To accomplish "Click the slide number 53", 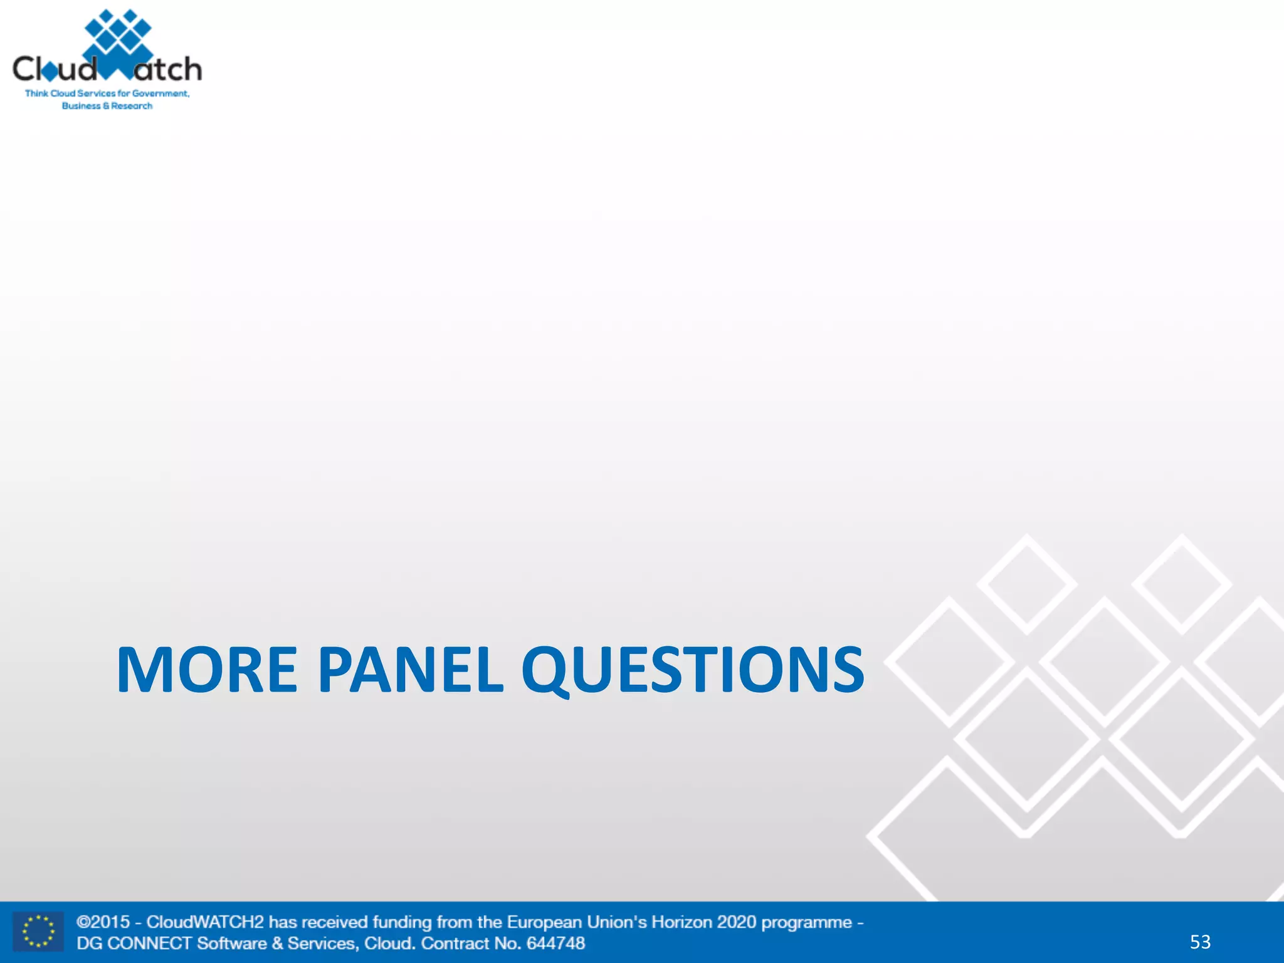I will click(1200, 942).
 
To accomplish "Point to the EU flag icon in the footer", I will click(38, 932).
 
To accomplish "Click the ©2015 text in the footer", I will click(103, 922).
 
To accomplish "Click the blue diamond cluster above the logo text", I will click(118, 31).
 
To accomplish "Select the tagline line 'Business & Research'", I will click(107, 106).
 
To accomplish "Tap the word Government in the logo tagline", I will click(160, 93).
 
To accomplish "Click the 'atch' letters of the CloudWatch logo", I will click(168, 69).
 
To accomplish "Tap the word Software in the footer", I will click(232, 943).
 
